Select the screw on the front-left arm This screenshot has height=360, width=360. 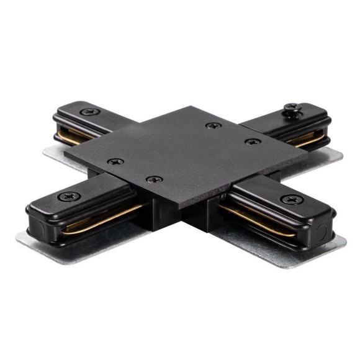(x=68, y=196)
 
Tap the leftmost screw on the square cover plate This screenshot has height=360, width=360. (x=115, y=161)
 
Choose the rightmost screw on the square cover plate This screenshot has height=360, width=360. (x=252, y=142)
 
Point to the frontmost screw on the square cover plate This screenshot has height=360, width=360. (x=154, y=179)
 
